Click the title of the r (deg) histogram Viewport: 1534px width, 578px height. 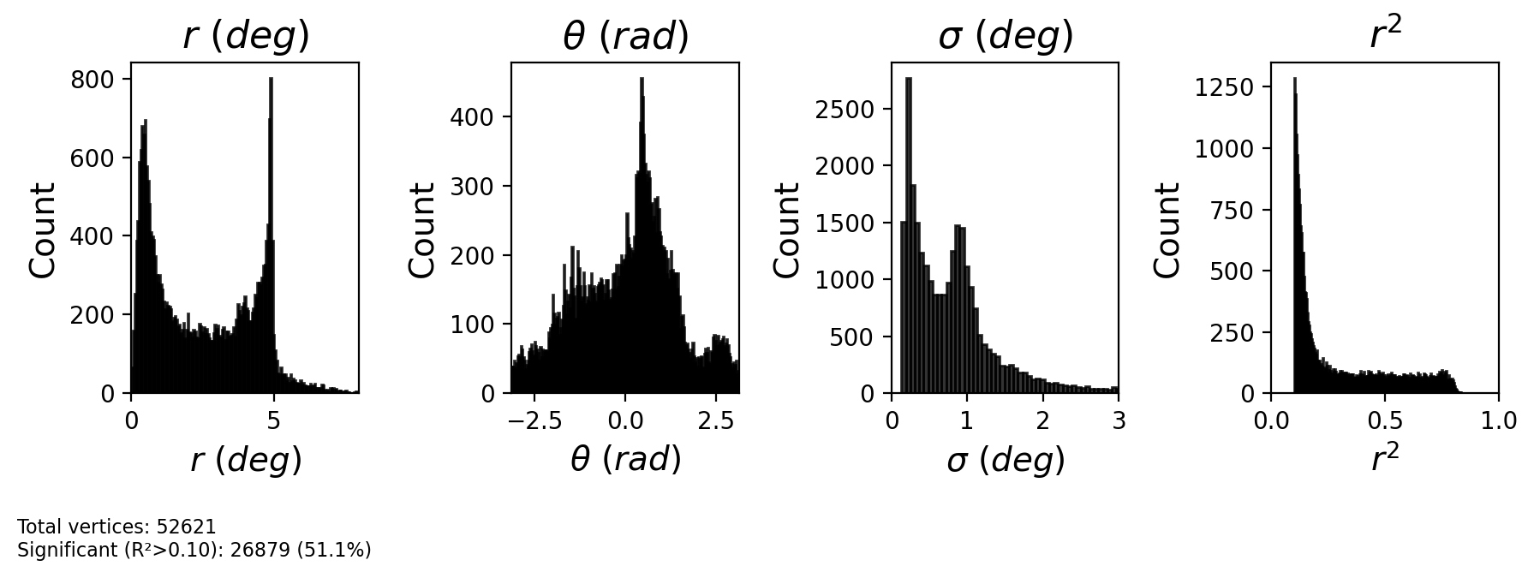pyautogui.click(x=246, y=36)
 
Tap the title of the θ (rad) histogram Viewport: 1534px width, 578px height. pyautogui.click(x=625, y=36)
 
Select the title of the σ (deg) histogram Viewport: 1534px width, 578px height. pyautogui.click(x=1006, y=36)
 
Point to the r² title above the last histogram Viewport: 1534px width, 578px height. pyautogui.click(x=1385, y=34)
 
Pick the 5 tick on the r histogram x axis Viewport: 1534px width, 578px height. pyautogui.click(x=273, y=420)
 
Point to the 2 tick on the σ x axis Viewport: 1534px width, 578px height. pyautogui.click(x=1042, y=420)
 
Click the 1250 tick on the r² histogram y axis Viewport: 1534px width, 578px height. pyautogui.click(x=1224, y=87)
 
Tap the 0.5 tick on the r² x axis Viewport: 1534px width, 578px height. pyautogui.click(x=1385, y=420)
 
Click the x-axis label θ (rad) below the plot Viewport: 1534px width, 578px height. pyautogui.click(x=625, y=460)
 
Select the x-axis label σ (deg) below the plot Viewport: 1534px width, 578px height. pyautogui.click(x=1006, y=460)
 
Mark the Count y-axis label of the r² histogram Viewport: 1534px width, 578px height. pyautogui.click(x=1167, y=229)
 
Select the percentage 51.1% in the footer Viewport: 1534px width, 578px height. pyautogui.click(x=341, y=550)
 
